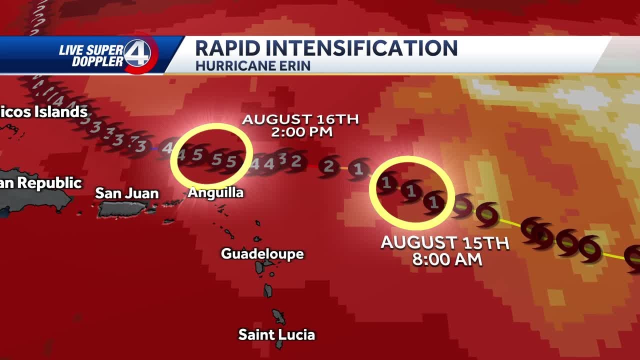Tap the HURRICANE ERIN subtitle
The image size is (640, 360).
[252, 65]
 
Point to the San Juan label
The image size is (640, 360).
[127, 193]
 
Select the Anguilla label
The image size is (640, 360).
[215, 192]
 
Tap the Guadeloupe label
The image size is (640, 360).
[262, 253]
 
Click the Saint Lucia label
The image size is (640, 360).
[276, 334]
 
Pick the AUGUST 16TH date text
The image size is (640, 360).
[300, 119]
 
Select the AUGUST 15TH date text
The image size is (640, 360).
[445, 243]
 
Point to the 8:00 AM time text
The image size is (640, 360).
[447, 259]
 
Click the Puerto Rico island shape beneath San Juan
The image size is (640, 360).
[115, 209]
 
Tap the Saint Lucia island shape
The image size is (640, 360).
[278, 317]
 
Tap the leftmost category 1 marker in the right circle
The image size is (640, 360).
[386, 183]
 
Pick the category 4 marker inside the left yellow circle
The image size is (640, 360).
[181, 155]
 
